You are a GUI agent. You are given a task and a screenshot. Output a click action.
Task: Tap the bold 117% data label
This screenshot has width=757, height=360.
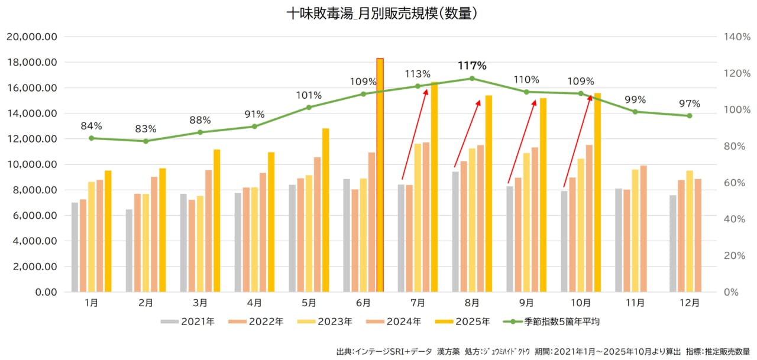[472, 66]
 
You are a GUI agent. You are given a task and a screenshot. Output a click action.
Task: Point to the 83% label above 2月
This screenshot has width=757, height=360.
[145, 129]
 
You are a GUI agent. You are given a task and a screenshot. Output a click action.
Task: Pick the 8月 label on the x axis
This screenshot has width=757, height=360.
[472, 303]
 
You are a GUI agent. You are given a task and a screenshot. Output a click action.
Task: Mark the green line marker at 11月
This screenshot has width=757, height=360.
[635, 112]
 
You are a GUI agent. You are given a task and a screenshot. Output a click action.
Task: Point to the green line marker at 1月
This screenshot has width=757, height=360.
[91, 138]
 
